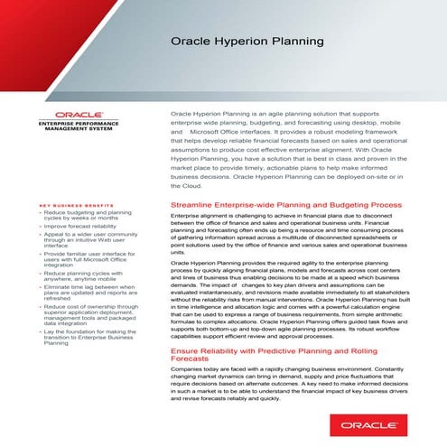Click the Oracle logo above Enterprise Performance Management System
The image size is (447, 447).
70,115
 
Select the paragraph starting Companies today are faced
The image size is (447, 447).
298,388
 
